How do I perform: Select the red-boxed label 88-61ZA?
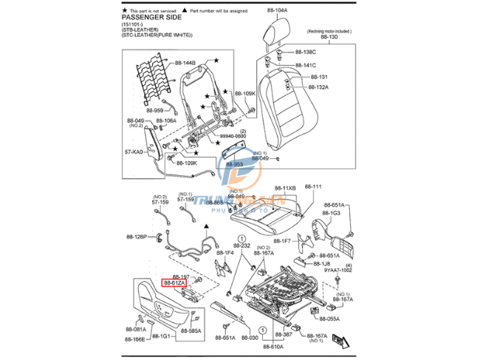coord(175,283)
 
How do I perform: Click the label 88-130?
coord(329,37)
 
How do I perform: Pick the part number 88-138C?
coord(306,52)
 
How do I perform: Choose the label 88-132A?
coord(318,86)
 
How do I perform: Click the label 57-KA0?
coord(134,152)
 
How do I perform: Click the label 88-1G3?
coord(330,213)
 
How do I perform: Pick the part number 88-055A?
coord(329,319)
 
